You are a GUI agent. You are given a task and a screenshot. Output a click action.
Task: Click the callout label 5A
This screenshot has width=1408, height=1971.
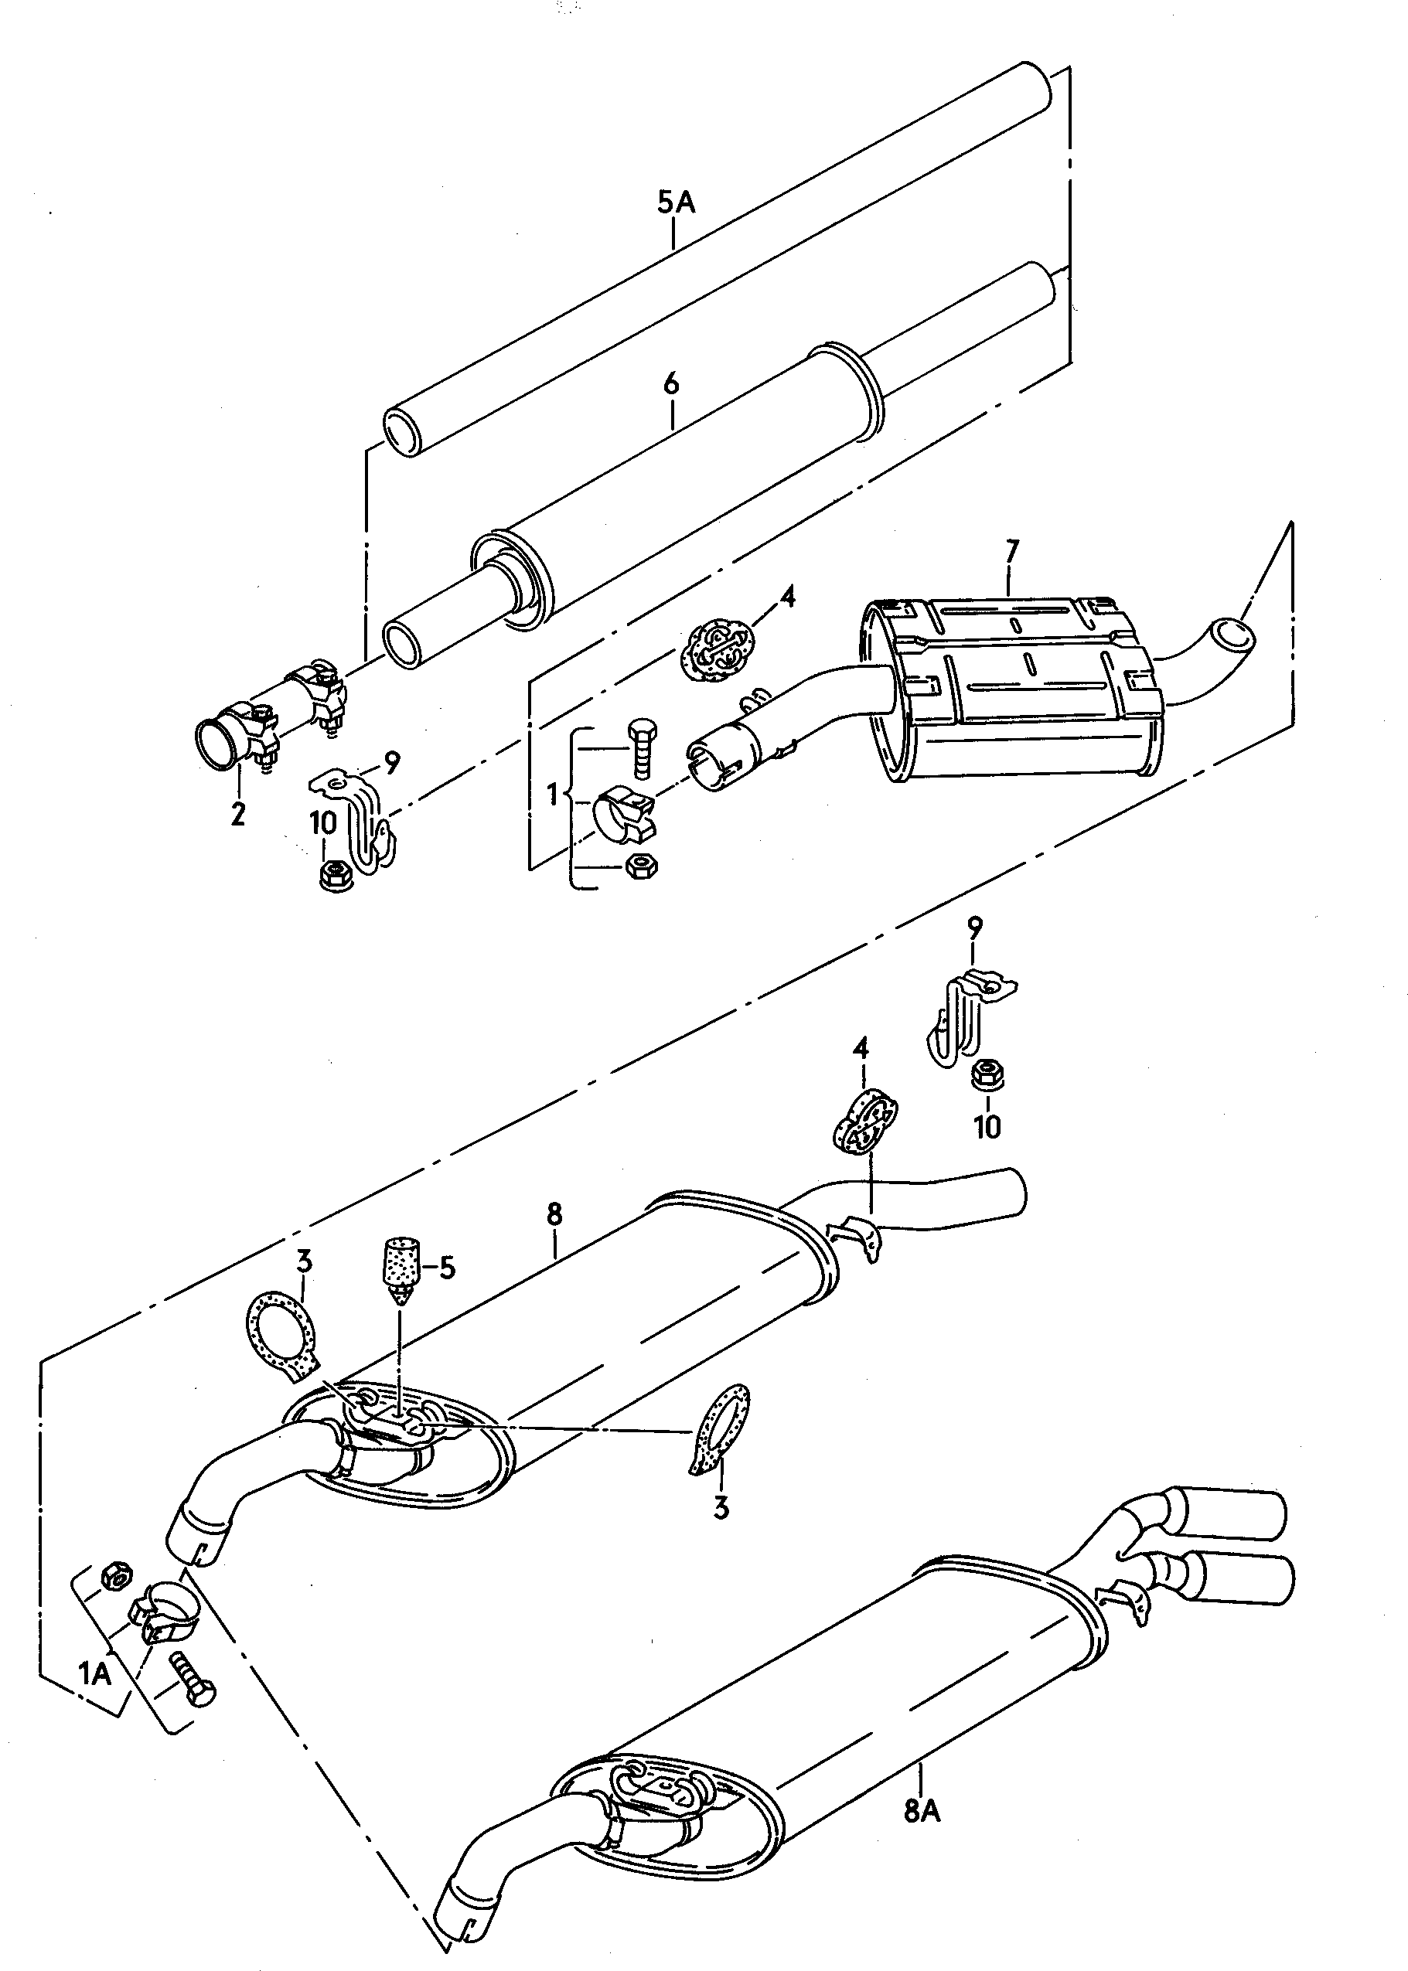675,203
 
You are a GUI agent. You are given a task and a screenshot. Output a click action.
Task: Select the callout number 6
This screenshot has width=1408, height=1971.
672,383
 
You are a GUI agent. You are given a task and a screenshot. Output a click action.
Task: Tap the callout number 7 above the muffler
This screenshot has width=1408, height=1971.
1012,550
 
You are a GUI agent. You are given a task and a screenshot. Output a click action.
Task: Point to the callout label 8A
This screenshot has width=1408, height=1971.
922,1811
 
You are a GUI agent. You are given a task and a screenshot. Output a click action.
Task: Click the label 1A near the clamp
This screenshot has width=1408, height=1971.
95,1697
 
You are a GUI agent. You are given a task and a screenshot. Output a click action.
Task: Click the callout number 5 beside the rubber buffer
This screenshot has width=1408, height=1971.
446,1267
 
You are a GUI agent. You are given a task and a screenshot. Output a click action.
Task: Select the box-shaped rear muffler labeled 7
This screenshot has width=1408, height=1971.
1014,685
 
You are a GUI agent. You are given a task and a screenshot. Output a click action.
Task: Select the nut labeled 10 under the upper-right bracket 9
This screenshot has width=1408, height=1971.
986,1076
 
